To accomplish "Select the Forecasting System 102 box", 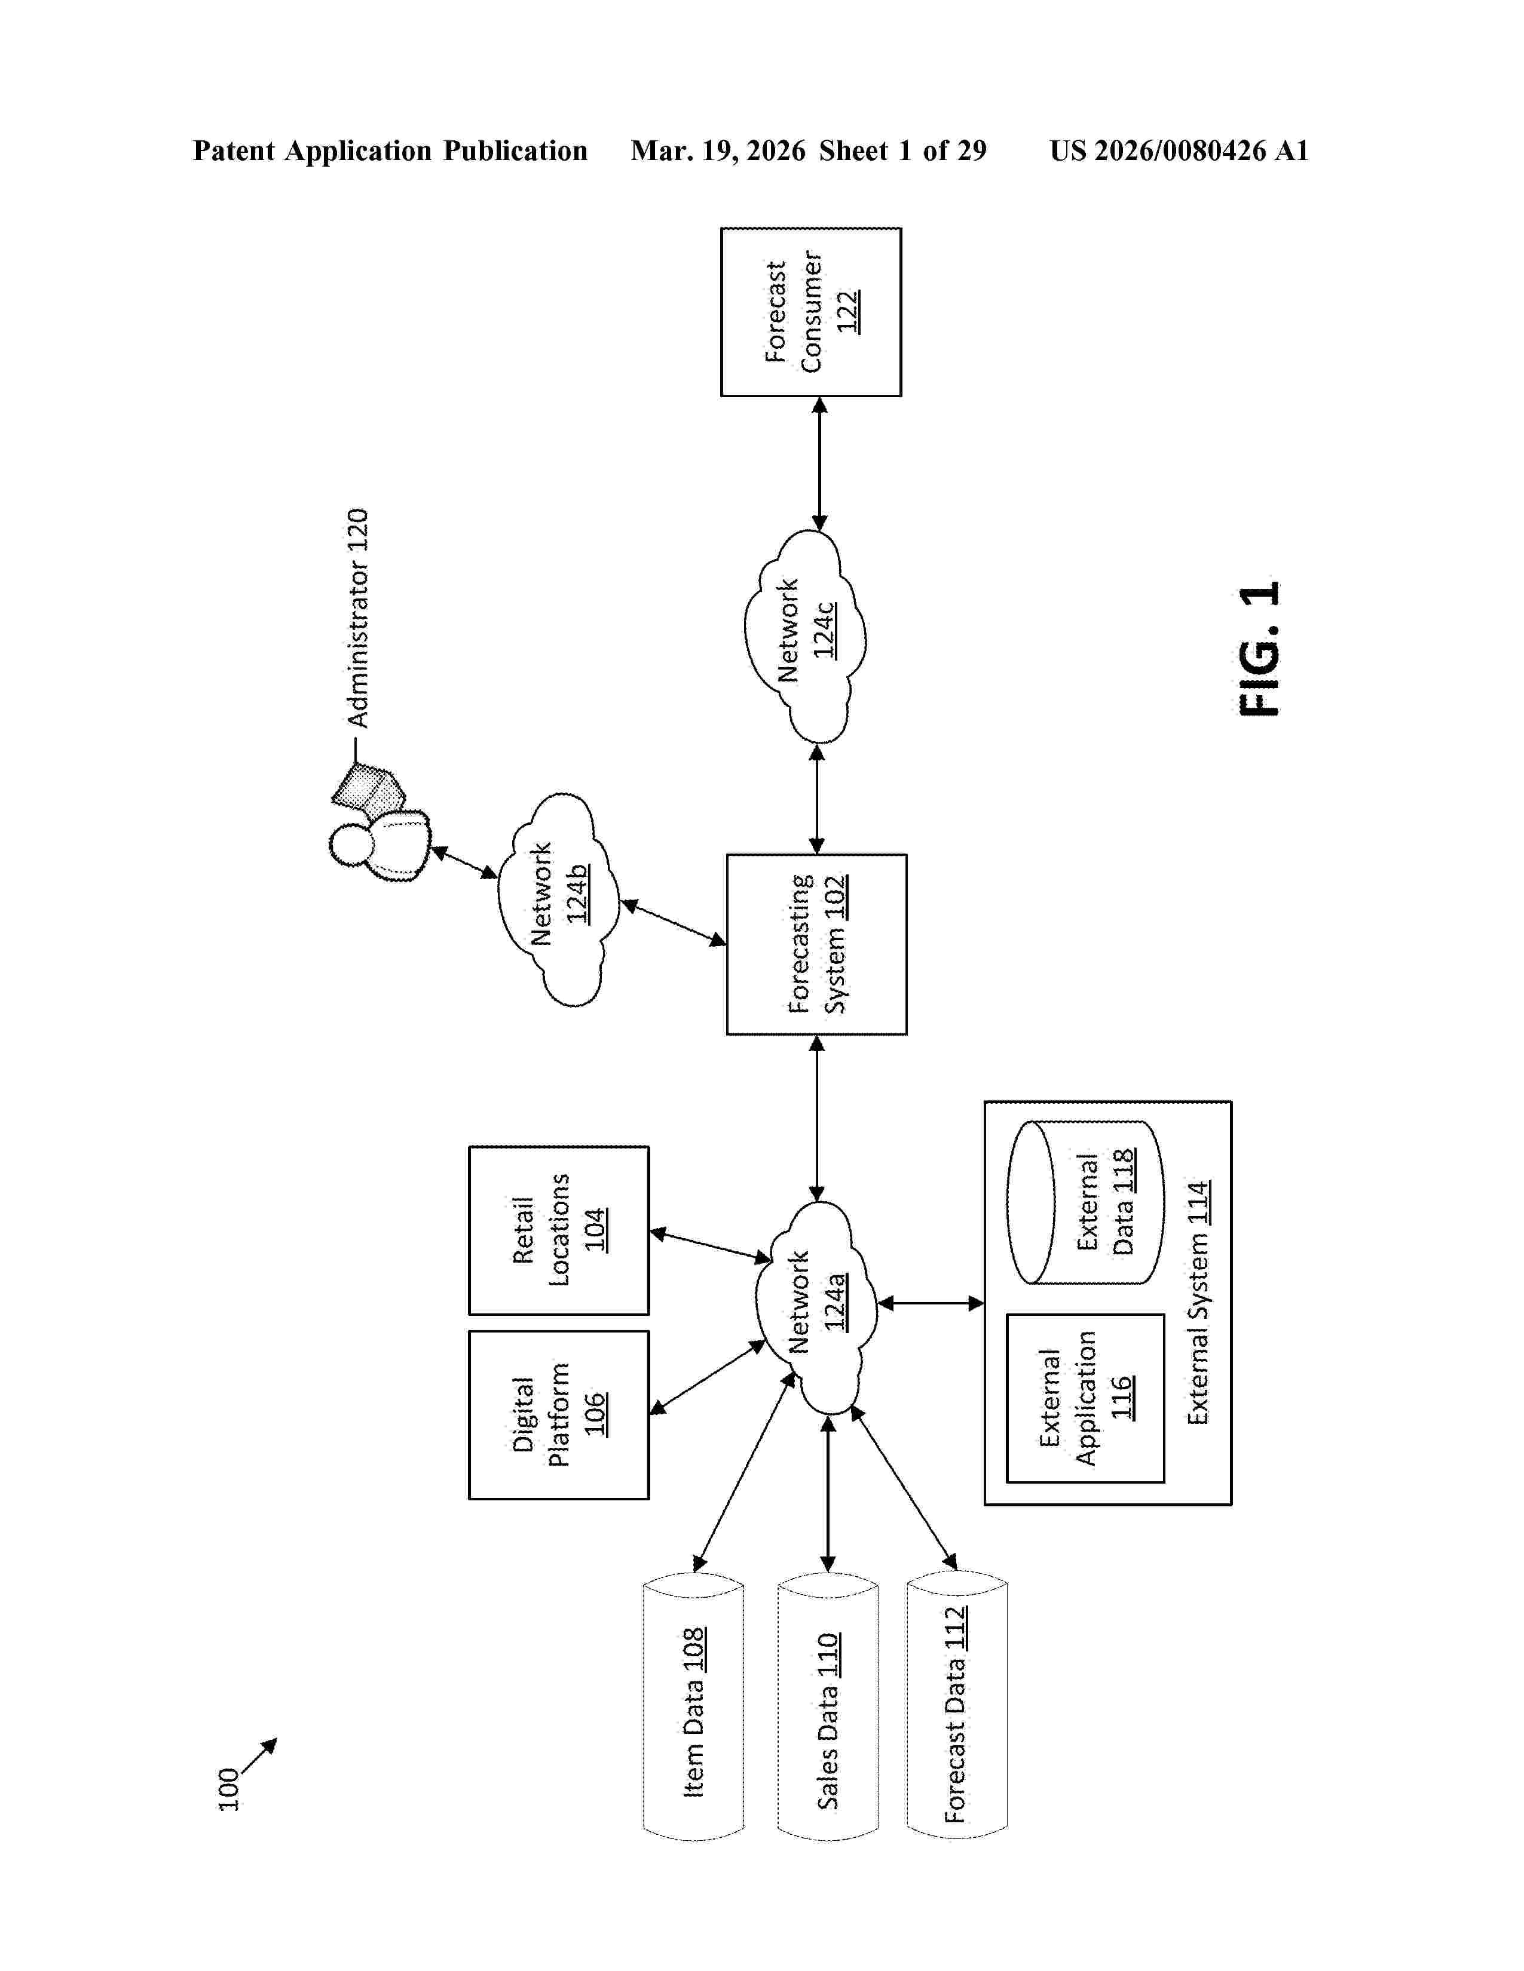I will tap(816, 944).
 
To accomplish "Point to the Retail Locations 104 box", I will tap(558, 1229).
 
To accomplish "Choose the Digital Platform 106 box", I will tap(558, 1414).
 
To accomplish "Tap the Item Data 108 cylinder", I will tap(693, 1706).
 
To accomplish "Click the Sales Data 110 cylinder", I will tap(827, 1706).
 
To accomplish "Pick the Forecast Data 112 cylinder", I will tap(956, 1706).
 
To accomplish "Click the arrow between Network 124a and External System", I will tap(930, 1303).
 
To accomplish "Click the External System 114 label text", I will tap(1198, 1303).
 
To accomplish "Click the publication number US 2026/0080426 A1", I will tap(1178, 151).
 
